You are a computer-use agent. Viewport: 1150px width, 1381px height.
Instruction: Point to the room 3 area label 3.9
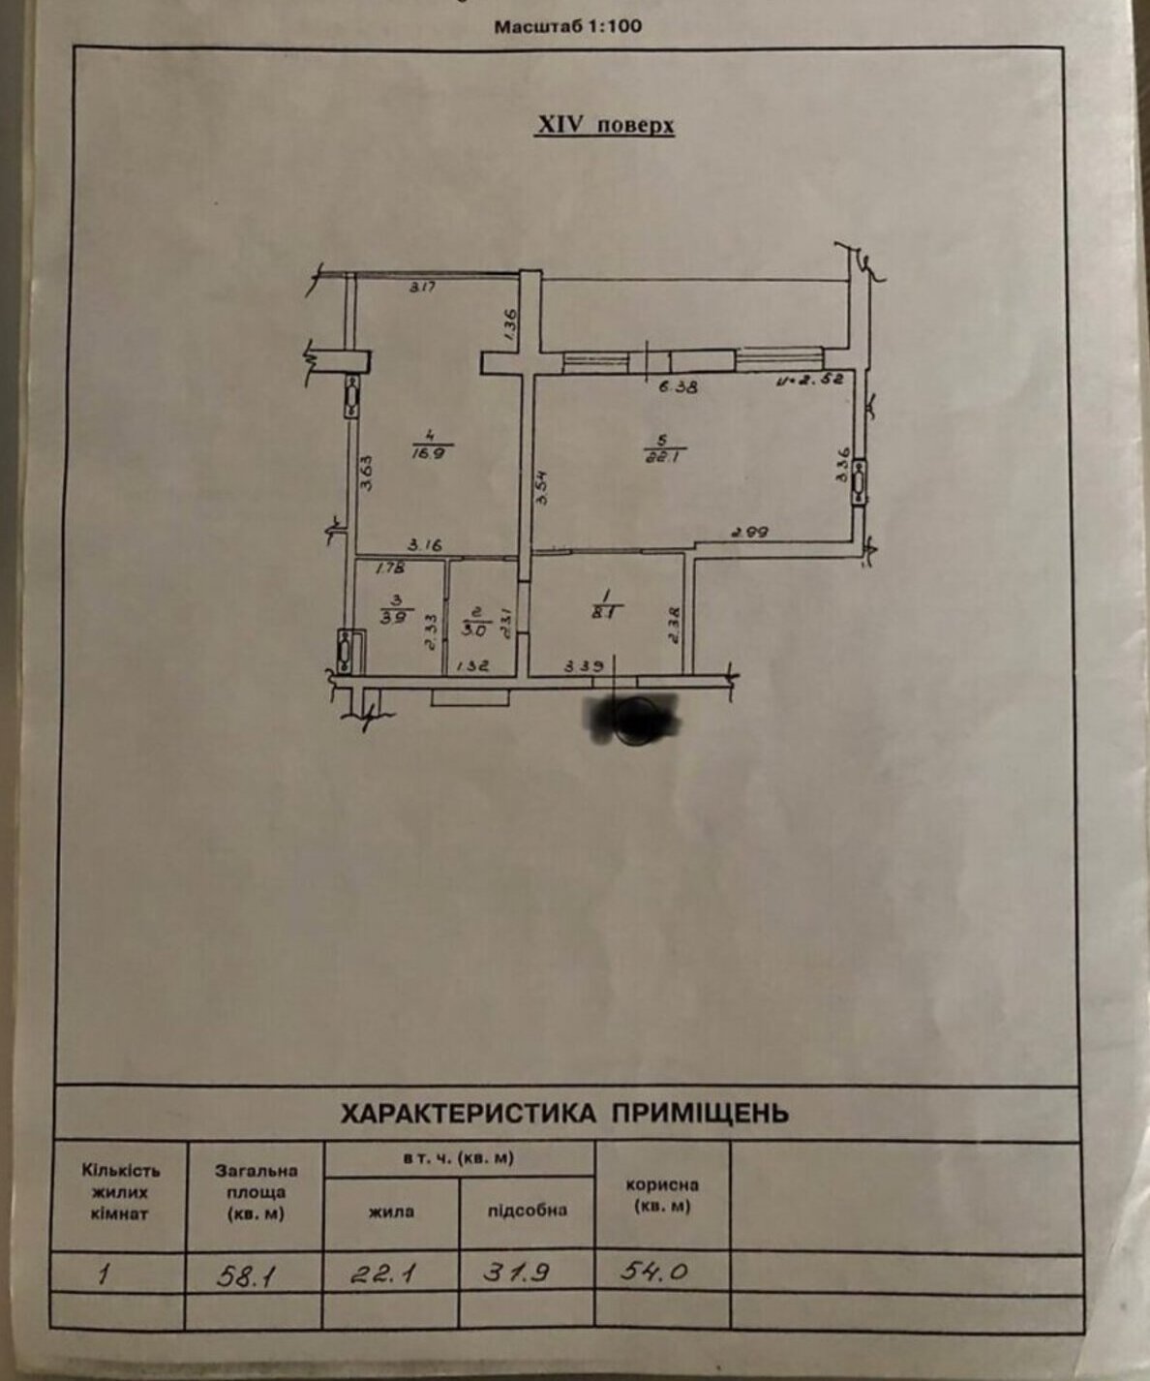coord(394,617)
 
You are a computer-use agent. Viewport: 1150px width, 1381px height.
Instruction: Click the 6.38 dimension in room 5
coord(678,385)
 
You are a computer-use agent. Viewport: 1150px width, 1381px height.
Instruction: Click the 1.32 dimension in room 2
coord(471,665)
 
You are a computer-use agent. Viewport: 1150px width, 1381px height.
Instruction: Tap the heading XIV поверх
coord(606,126)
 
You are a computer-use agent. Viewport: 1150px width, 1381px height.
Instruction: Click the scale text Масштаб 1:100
coord(568,26)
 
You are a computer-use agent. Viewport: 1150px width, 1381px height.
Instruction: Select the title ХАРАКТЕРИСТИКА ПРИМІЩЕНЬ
coord(564,1113)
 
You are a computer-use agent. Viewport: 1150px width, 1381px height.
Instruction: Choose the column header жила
coord(390,1211)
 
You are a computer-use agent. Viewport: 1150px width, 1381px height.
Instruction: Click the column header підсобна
coord(527,1210)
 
